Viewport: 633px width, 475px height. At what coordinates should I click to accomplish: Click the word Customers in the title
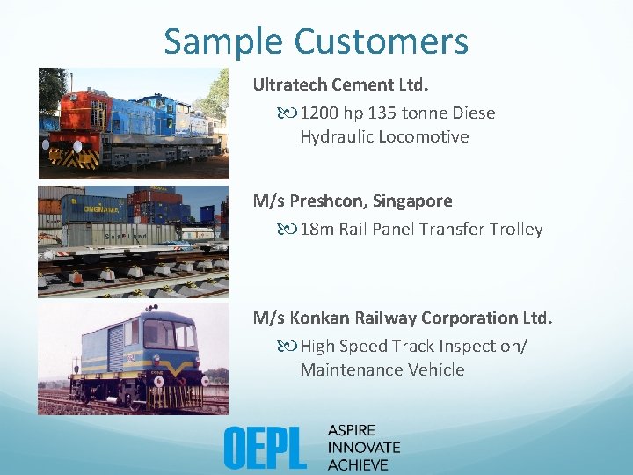coord(381,41)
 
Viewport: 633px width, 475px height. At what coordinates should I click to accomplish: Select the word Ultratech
coord(290,84)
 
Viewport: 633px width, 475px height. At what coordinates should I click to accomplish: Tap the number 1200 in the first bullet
coord(319,113)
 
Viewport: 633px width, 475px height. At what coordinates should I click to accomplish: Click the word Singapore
coord(412,201)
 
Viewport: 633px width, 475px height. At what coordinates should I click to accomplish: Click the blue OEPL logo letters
coord(265,447)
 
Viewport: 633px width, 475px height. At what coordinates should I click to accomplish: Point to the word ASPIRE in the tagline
coord(352,430)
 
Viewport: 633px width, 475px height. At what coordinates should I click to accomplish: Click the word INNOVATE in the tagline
coord(363,447)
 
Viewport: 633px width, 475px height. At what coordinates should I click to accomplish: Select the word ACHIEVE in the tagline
coord(358,464)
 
